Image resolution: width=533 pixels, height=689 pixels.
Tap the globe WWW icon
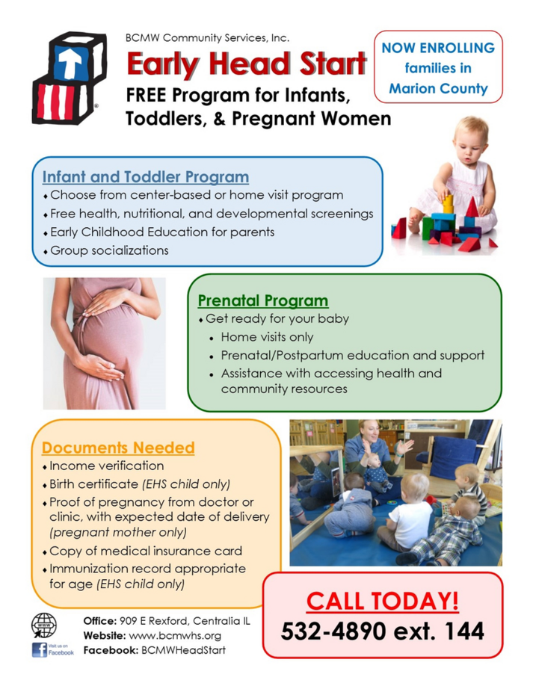click(44, 625)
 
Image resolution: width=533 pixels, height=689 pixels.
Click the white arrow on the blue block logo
click(70, 62)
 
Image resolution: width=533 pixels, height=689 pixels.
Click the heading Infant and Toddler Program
click(146, 176)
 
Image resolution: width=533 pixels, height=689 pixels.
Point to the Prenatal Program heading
click(263, 300)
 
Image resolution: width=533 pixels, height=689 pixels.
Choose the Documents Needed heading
click(118, 448)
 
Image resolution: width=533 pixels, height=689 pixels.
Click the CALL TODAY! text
click(382, 601)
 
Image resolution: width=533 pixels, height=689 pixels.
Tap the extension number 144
click(465, 631)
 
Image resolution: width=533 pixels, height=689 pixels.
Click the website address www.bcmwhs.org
click(175, 635)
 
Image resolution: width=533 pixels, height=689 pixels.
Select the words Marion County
click(438, 88)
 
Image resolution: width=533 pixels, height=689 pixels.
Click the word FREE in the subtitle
click(147, 95)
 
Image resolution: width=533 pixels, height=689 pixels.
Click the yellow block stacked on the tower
click(448, 203)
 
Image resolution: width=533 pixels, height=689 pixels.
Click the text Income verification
click(107, 466)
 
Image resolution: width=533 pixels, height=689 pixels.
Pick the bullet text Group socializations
click(109, 250)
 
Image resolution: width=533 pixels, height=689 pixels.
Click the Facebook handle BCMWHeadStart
click(183, 650)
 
